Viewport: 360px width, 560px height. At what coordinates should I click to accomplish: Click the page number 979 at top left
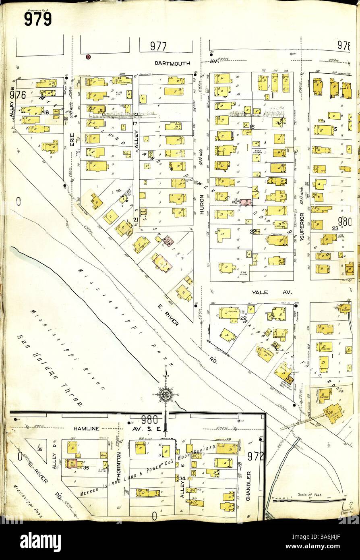point(37,19)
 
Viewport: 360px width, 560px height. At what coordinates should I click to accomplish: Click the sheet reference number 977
point(159,46)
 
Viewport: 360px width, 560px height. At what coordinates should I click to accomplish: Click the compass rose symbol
point(165,394)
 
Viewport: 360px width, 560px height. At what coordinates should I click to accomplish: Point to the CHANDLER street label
point(248,486)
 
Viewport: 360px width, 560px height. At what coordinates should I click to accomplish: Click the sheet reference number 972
point(255,456)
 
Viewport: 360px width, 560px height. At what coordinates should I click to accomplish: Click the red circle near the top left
point(88,57)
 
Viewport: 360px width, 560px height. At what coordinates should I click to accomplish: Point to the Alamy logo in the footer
point(41,541)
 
